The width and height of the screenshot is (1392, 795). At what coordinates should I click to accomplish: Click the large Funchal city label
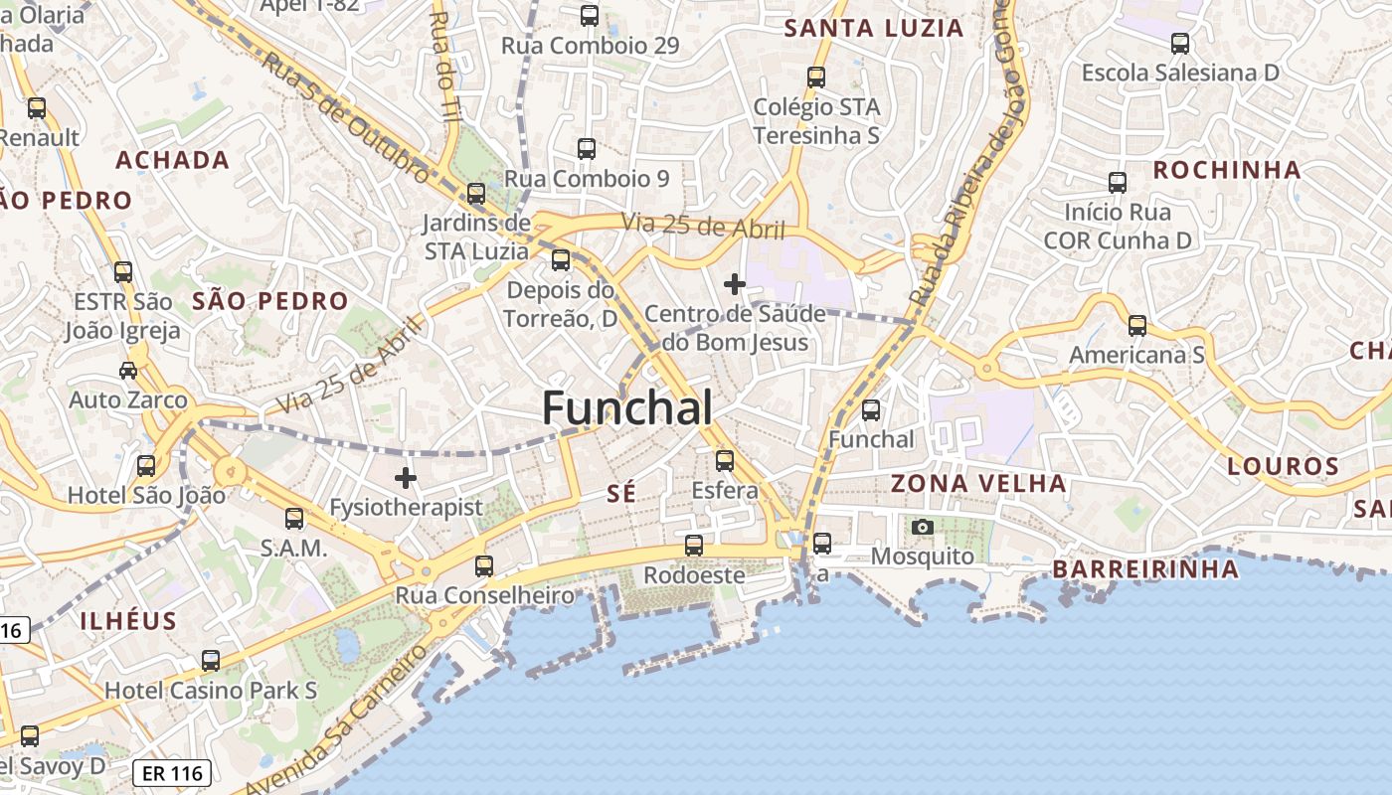pos(627,408)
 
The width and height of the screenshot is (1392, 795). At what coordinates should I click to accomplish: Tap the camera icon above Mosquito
pos(923,527)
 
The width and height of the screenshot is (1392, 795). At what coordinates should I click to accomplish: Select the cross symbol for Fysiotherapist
pos(406,478)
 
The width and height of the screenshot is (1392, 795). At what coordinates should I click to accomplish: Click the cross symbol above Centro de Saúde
pos(735,285)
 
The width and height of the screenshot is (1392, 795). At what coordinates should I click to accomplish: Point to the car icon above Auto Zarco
pos(128,371)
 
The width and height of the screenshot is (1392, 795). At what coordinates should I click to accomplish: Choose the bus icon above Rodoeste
pos(694,546)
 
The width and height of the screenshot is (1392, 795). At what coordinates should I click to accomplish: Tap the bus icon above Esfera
pos(725,461)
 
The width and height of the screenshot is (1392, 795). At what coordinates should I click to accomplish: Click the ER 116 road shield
pos(172,773)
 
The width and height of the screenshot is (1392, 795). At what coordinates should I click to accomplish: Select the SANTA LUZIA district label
pos(874,28)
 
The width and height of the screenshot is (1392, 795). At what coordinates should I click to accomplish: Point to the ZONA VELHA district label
pos(978,484)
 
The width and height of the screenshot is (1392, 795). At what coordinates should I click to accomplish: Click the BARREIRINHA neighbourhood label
pos(1145,569)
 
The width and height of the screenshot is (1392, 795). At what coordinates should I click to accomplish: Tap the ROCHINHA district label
pos(1227,170)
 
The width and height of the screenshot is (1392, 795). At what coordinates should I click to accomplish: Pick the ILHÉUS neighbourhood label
pos(128,622)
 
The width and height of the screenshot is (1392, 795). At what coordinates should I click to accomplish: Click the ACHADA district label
pos(173,160)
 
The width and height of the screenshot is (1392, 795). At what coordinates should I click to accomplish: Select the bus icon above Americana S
pos(1137,326)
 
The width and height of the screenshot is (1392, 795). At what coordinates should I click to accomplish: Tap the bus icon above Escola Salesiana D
pos(1180,44)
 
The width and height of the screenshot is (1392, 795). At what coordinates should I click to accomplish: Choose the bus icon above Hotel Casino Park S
pos(211,661)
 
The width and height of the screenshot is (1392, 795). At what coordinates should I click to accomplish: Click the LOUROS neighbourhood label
pos(1283,465)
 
